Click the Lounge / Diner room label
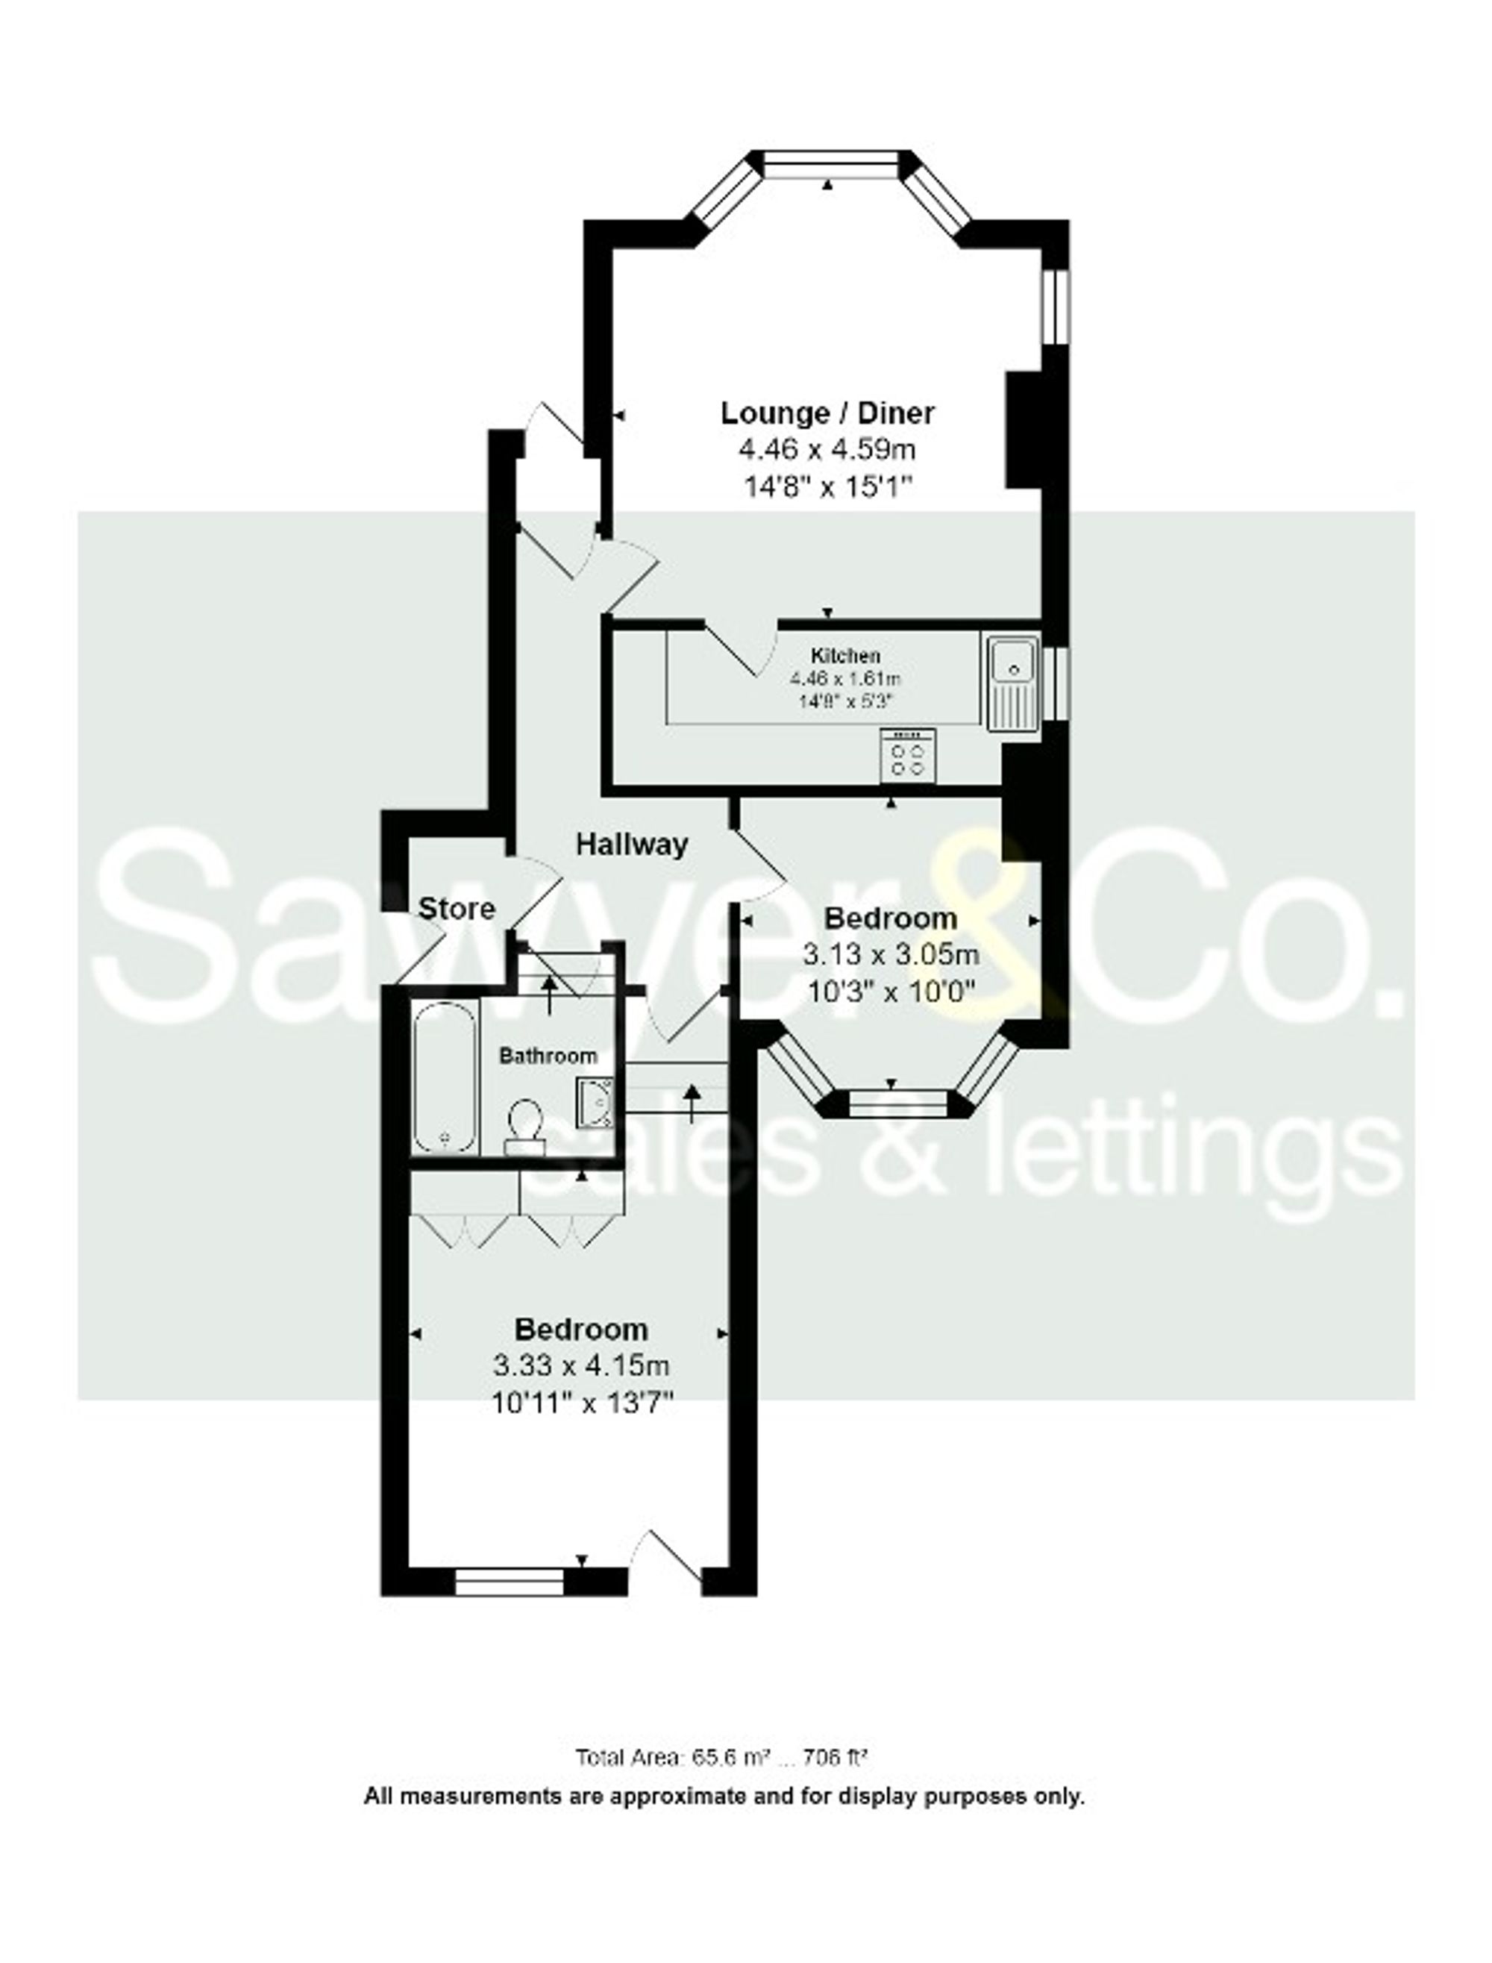pos(827,413)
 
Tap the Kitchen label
pos(844,657)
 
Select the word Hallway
pos(631,844)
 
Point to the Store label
pos(457,909)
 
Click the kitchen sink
pos(1012,682)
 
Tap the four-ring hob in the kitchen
pos(906,756)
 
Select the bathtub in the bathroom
pos(445,1077)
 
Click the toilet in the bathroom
pos(525,1127)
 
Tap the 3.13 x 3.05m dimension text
pos(891,955)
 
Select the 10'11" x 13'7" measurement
pos(582,1403)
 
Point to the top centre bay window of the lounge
pos(830,160)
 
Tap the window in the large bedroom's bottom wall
pos(509,1582)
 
